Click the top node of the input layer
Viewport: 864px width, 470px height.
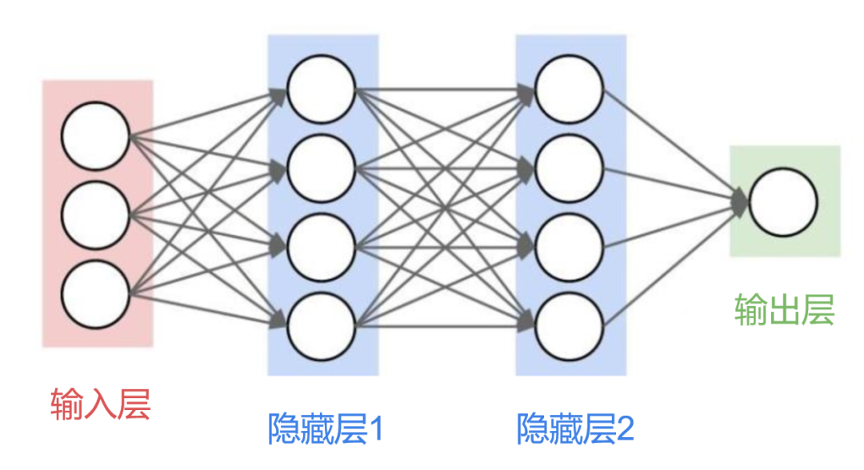pyautogui.click(x=96, y=136)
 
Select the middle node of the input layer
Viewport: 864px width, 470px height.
pyautogui.click(x=96, y=214)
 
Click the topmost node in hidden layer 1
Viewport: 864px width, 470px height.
pyautogui.click(x=321, y=90)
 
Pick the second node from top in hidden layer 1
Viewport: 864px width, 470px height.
pyautogui.click(x=321, y=169)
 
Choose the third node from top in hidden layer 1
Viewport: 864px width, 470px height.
pyautogui.click(x=321, y=248)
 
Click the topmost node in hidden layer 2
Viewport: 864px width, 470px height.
pyautogui.click(x=569, y=90)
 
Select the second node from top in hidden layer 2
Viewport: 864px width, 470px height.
pyautogui.click(x=569, y=169)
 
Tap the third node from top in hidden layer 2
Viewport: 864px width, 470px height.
pyautogui.click(x=569, y=248)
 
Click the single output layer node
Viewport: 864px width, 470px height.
pyautogui.click(x=784, y=203)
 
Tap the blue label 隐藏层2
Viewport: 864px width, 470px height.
pyautogui.click(x=575, y=429)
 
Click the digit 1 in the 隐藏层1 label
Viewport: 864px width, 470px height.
pyautogui.click(x=374, y=430)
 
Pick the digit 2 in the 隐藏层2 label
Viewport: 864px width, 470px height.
pyautogui.click(x=624, y=430)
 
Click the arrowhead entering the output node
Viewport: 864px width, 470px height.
pyautogui.click(x=740, y=203)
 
